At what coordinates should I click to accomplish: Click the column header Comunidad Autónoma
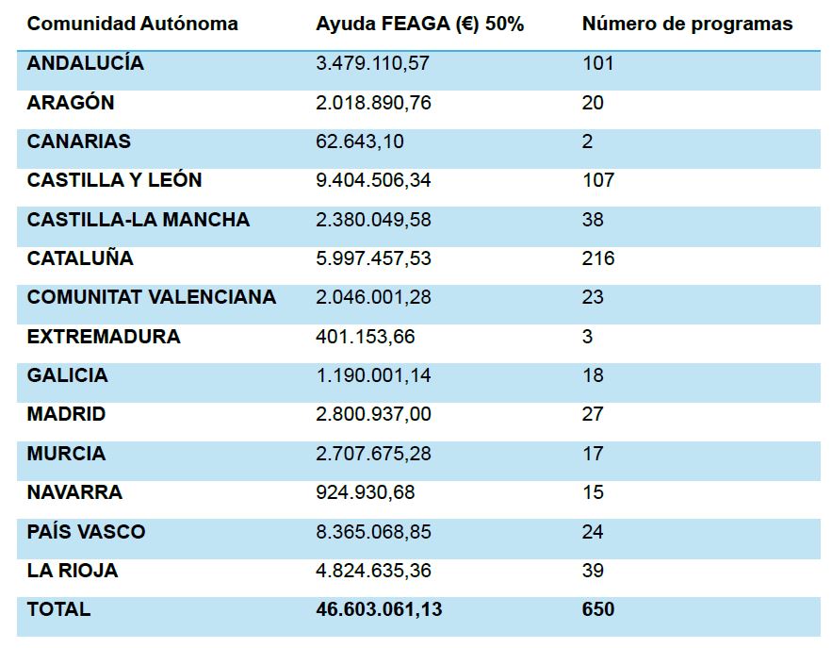click(x=132, y=25)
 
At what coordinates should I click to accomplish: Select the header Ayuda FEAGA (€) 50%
click(x=419, y=25)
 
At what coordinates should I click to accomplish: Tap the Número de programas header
click(x=687, y=25)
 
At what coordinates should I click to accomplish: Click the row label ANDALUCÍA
click(x=86, y=63)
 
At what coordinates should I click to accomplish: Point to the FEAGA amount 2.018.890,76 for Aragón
click(x=373, y=103)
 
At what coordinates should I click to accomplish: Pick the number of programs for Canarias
click(x=587, y=141)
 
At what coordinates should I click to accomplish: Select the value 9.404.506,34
click(x=373, y=180)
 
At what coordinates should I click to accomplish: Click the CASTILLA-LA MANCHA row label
click(x=139, y=220)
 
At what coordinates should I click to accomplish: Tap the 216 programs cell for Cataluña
click(x=597, y=258)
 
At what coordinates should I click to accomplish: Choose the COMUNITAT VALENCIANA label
click(x=152, y=297)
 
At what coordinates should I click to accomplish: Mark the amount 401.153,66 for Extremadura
click(x=366, y=337)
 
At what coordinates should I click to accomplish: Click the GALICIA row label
click(x=68, y=375)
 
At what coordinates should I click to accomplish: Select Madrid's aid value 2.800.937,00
click(x=373, y=414)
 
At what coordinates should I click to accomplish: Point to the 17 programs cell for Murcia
click(x=592, y=454)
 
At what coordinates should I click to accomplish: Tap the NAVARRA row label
click(x=74, y=492)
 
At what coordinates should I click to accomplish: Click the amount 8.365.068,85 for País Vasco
click(x=373, y=532)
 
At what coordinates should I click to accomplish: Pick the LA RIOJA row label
click(x=73, y=571)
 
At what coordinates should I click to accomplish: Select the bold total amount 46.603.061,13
click(x=379, y=609)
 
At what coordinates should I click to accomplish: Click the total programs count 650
click(x=597, y=609)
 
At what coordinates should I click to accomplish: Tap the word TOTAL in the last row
click(x=58, y=609)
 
